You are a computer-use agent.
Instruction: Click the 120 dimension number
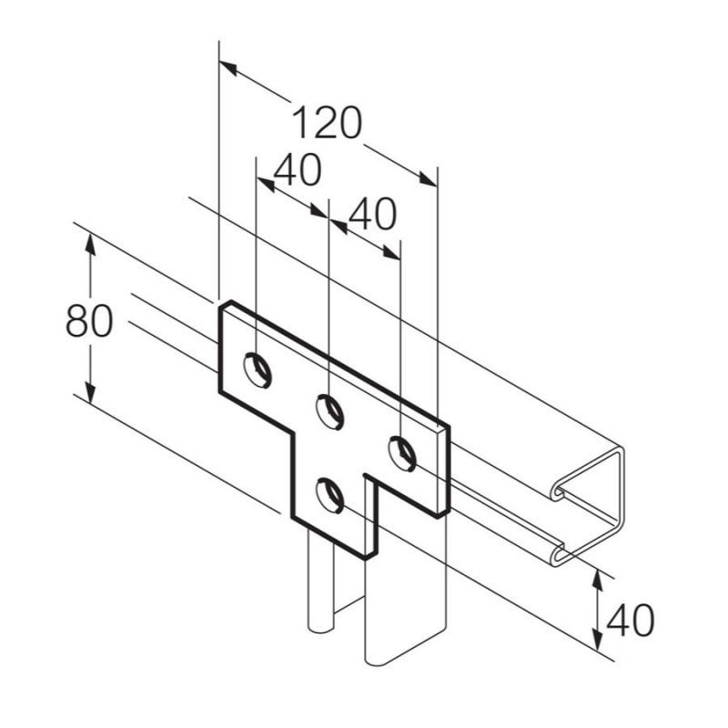click(327, 123)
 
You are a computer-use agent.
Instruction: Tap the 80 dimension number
click(89, 321)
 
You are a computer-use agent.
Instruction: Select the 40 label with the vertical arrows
click(630, 622)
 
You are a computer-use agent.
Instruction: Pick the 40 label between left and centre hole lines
click(297, 170)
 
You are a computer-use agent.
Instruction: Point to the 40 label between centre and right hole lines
click(372, 215)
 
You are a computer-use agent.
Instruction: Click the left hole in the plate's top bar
click(257, 367)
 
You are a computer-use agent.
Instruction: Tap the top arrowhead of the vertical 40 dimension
click(598, 575)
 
